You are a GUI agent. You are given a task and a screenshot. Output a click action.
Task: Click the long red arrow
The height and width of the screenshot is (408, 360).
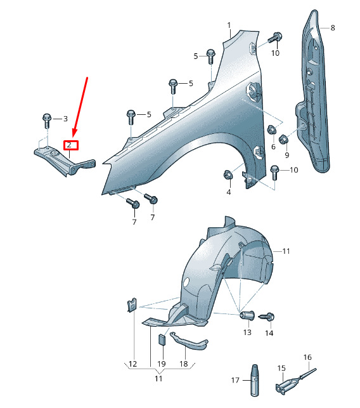[80, 107]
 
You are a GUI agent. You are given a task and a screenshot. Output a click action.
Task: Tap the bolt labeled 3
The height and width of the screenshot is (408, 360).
[47, 121]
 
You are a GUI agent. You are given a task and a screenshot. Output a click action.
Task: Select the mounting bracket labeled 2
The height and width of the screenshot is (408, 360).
[65, 161]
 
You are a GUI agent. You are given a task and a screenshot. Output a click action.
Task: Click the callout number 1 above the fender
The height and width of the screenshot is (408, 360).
[229, 25]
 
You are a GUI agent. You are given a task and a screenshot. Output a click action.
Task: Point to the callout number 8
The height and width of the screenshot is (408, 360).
[333, 28]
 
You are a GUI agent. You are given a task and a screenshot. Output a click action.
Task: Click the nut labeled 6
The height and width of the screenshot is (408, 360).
[272, 129]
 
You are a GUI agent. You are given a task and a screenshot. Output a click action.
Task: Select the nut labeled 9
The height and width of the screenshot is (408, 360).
[283, 139]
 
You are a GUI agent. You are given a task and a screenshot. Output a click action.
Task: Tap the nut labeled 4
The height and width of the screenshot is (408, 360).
[228, 174]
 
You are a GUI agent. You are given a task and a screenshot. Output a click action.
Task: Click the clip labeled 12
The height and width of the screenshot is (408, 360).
[132, 305]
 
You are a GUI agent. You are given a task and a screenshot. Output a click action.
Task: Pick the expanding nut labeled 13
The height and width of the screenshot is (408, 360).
[247, 315]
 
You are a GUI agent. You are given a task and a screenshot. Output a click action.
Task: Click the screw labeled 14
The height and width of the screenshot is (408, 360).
[267, 317]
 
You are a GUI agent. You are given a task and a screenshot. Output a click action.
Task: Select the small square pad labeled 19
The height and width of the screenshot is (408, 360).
[162, 339]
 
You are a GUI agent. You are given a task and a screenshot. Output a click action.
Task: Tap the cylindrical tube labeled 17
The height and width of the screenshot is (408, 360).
[255, 380]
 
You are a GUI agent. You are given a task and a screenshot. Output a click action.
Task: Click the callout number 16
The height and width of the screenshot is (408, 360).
[307, 357]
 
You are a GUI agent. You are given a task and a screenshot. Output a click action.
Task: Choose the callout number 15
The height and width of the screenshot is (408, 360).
[281, 368]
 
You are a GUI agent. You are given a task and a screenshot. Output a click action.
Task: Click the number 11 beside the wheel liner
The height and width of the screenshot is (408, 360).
[286, 251]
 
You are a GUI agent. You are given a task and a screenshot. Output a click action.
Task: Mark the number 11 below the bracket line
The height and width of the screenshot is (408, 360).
[158, 379]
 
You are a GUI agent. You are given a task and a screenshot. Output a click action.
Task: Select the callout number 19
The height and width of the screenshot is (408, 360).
[162, 364]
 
